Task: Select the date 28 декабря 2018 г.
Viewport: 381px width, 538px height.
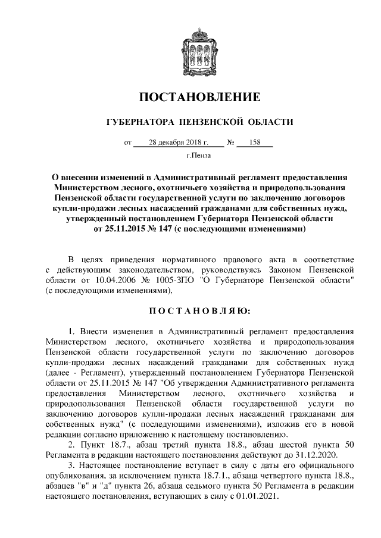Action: [179, 143]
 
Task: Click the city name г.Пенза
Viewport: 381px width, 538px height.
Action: [198, 156]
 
